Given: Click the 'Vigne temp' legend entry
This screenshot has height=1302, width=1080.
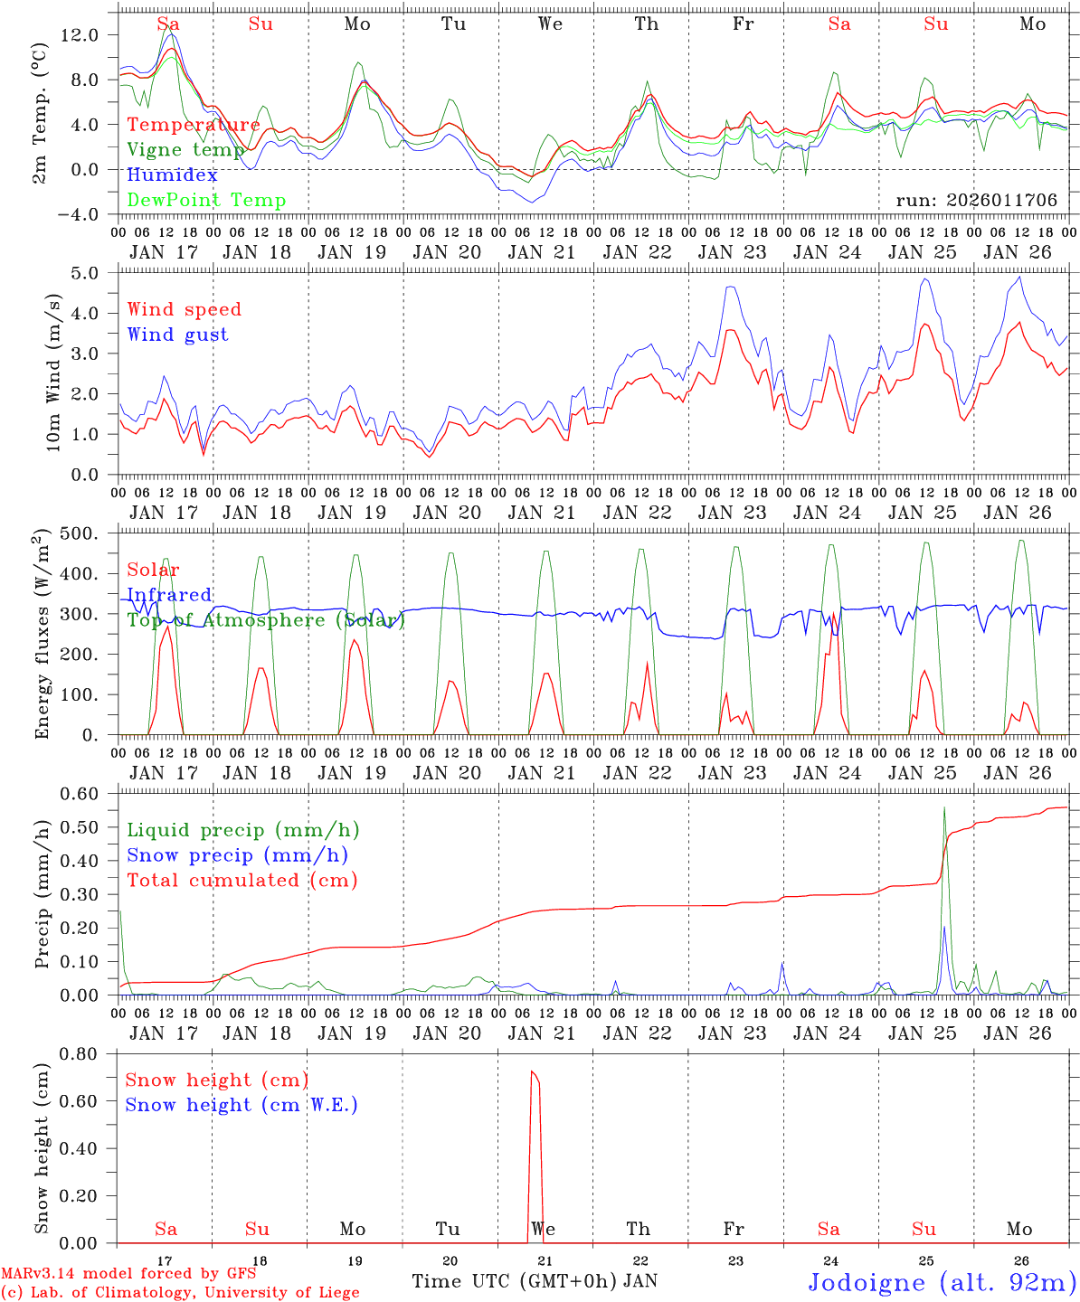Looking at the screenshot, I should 185,150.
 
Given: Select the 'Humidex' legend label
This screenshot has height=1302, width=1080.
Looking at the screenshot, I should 172,175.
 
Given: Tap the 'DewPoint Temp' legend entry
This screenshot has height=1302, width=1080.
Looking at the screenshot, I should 206,201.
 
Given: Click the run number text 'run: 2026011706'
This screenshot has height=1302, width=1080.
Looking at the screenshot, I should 976,201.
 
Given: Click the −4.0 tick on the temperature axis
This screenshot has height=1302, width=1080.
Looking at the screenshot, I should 80,214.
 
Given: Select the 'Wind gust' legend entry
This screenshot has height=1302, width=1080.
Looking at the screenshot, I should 177,335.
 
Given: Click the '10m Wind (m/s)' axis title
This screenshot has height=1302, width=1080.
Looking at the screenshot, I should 53,373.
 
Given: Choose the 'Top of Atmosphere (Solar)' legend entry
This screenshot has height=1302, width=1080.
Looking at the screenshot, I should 265,620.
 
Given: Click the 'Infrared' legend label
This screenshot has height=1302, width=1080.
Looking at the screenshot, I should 169,595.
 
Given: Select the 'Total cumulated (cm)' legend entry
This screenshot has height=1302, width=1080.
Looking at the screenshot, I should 242,880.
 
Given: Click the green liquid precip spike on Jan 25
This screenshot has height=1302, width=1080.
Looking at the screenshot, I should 944,809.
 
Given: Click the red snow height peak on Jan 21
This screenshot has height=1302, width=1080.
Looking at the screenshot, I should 534,1072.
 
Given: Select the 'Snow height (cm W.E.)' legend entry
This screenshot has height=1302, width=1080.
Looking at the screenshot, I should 241,1105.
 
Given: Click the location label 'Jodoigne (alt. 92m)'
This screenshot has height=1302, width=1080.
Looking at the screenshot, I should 942,1282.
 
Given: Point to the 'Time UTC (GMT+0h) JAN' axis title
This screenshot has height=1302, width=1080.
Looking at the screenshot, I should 535,1281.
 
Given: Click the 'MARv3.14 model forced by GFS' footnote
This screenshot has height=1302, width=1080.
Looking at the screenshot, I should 128,1274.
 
